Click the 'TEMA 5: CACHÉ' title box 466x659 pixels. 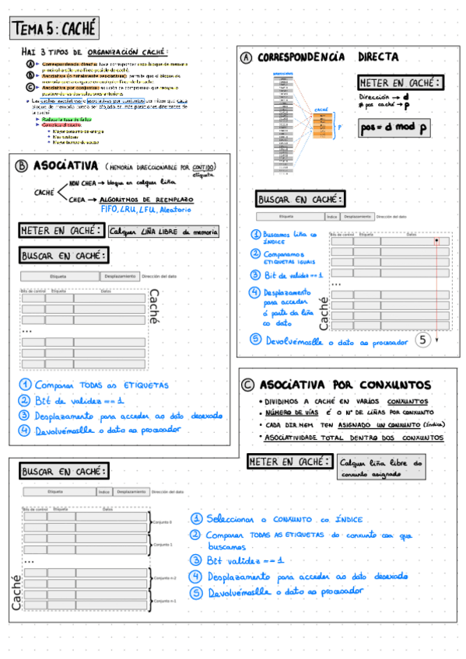[x=55, y=29]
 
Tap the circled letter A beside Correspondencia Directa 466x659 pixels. [x=247, y=58]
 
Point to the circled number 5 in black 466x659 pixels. [x=422, y=340]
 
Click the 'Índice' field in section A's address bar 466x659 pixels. [x=332, y=217]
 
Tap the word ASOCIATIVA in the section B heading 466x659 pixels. [x=66, y=166]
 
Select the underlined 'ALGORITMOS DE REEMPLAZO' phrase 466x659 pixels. [x=152, y=199]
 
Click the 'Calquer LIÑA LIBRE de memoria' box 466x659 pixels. [x=163, y=231]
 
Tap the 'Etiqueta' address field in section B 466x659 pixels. [x=58, y=276]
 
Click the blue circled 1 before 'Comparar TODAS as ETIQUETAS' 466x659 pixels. [x=25, y=385]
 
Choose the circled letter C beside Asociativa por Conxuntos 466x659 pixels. [x=247, y=384]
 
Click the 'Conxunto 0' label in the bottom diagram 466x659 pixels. [x=163, y=521]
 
